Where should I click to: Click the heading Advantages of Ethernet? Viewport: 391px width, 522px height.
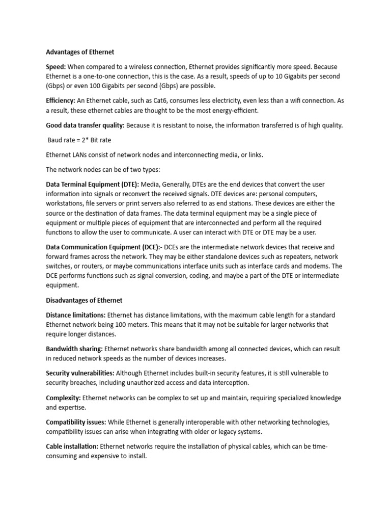(80, 52)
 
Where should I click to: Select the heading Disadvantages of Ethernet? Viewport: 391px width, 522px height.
(84, 300)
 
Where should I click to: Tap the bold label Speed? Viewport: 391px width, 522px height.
(55, 67)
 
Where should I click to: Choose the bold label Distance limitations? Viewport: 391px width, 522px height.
(76, 315)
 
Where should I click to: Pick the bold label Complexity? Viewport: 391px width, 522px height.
(63, 398)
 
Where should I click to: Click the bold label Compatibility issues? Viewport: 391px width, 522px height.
(76, 422)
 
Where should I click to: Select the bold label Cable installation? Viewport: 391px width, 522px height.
(72, 447)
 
